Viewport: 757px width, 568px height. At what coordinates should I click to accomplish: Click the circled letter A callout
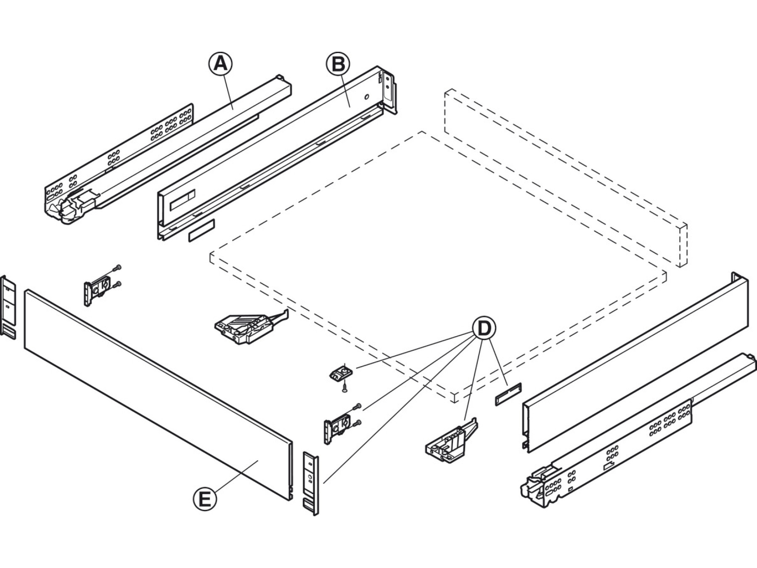coord(220,64)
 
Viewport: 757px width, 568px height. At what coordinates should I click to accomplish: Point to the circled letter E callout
coord(205,499)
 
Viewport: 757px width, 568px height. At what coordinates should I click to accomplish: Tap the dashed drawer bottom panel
coord(437,265)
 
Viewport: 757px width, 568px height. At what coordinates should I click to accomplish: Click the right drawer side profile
coord(635,362)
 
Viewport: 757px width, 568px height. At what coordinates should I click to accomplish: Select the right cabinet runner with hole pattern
coord(631,446)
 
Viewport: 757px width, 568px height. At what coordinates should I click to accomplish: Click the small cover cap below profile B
coord(201,231)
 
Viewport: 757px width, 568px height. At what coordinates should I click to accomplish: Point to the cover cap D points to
coord(508,394)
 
